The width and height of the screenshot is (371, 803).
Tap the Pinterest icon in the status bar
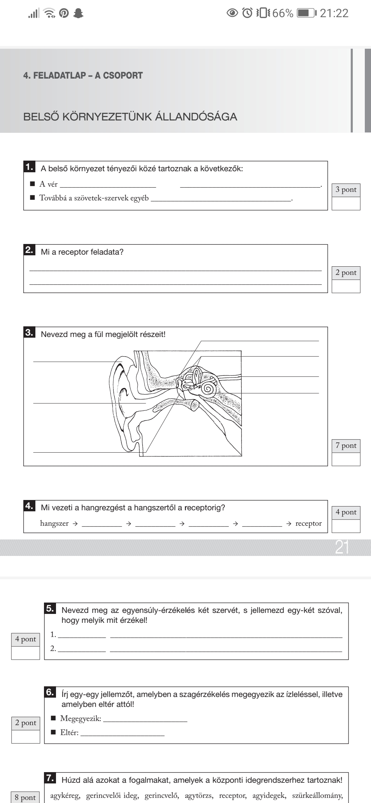64,13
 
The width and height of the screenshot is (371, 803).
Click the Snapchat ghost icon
79,13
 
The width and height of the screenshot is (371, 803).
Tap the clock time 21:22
334,13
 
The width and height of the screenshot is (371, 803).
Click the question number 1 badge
30,167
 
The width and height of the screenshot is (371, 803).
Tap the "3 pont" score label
346,190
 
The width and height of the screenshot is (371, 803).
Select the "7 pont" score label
346,445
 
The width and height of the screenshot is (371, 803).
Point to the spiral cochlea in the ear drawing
208,389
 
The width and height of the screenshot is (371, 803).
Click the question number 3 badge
30,333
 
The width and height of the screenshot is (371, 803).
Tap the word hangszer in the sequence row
54,523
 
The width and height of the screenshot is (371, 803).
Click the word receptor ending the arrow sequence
308,523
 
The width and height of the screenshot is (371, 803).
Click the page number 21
342,548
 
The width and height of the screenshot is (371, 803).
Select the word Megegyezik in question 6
80,718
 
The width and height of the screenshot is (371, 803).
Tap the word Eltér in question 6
69,733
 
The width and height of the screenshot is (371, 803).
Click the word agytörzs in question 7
199,795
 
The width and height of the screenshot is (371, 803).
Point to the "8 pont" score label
25,798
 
